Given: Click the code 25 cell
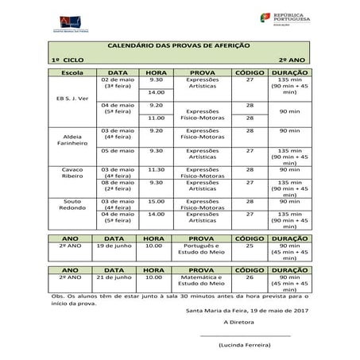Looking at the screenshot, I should point(250,246).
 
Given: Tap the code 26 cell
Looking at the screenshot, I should point(250,277).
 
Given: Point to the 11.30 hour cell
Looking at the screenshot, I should point(155,169).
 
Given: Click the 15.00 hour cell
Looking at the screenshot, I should point(155,202).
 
